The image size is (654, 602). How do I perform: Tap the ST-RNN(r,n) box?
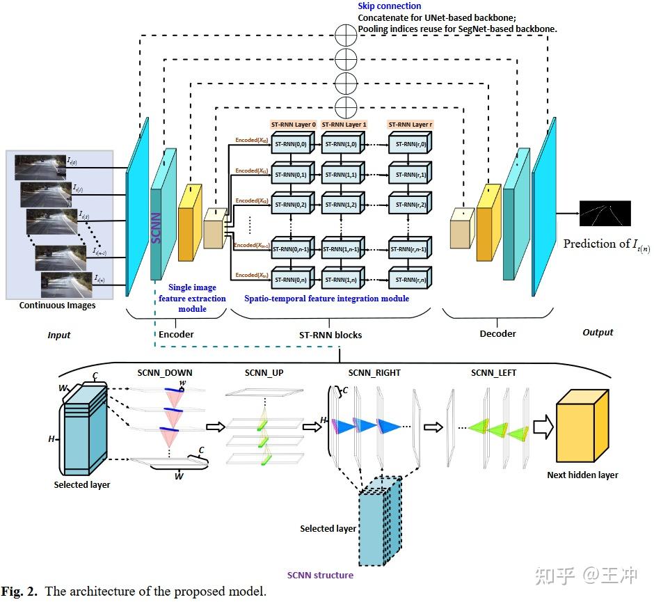point(408,279)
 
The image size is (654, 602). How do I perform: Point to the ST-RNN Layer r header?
point(408,125)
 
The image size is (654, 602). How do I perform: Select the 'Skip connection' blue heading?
point(390,6)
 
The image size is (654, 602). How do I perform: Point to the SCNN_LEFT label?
point(493,373)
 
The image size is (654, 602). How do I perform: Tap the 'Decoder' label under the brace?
point(498,333)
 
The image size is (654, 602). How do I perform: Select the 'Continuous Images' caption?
point(58,305)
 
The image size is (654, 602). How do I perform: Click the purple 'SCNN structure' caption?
point(320,575)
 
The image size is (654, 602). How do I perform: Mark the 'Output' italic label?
point(598,333)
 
